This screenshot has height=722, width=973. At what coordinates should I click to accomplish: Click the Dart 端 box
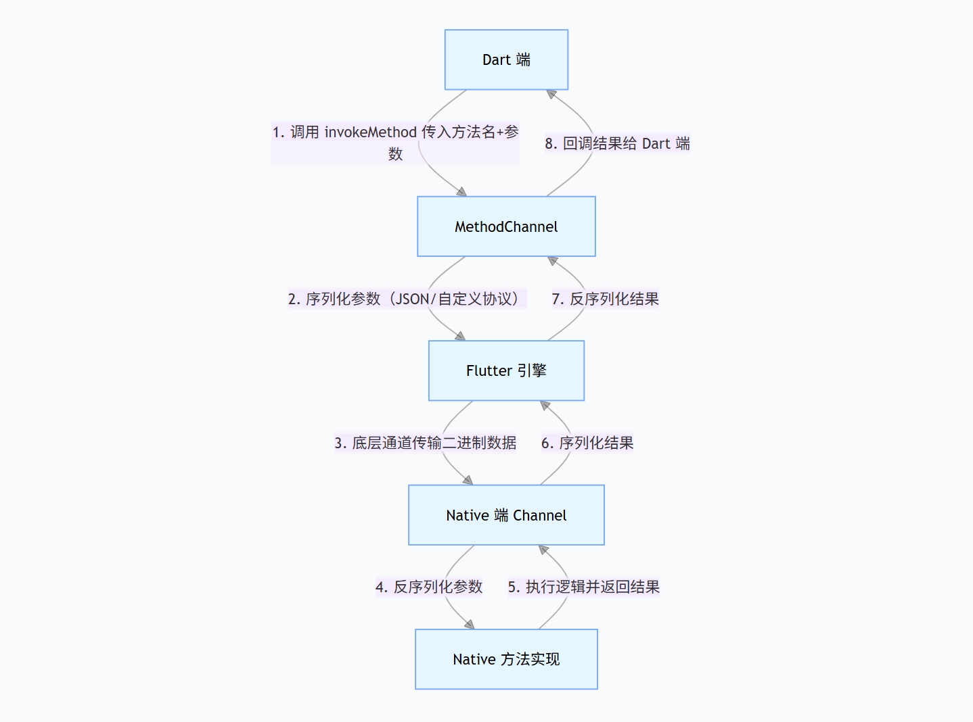pyautogui.click(x=506, y=59)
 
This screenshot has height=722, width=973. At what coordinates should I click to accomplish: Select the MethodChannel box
pyautogui.click(x=506, y=226)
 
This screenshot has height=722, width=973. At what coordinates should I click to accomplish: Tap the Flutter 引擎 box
pyautogui.click(x=506, y=370)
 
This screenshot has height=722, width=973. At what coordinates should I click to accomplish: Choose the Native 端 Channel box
pyautogui.click(x=506, y=515)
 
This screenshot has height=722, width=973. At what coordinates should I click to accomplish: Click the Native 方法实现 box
pyautogui.click(x=506, y=659)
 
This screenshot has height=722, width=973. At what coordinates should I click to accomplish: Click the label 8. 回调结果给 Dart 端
pyautogui.click(x=617, y=143)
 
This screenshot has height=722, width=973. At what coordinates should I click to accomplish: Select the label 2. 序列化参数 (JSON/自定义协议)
pyautogui.click(x=407, y=299)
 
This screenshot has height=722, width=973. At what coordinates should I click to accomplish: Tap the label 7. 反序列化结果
pyautogui.click(x=605, y=299)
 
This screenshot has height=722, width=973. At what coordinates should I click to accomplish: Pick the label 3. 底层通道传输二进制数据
pyautogui.click(x=425, y=443)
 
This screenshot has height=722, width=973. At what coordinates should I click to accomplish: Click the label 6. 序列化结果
pyautogui.click(x=587, y=443)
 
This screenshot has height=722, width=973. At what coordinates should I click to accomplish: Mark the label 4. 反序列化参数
pyautogui.click(x=429, y=587)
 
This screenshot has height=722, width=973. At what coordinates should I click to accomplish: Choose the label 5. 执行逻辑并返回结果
pyautogui.click(x=583, y=587)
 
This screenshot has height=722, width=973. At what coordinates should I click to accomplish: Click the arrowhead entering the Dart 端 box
pyautogui.click(x=551, y=94)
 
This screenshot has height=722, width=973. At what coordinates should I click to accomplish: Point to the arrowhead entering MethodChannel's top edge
pyautogui.click(x=462, y=192)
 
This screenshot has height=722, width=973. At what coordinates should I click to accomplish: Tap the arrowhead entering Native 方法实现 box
pyautogui.click(x=470, y=625)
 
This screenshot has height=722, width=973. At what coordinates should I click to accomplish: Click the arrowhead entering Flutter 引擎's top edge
pyautogui.click(x=461, y=336)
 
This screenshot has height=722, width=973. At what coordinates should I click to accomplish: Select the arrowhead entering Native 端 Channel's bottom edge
pyautogui.click(x=543, y=550)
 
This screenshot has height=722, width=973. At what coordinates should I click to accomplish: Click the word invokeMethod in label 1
pyautogui.click(x=370, y=132)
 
